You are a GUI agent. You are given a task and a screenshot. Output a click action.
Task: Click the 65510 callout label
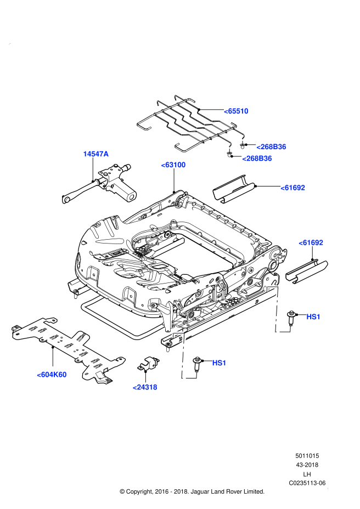click(x=236, y=111)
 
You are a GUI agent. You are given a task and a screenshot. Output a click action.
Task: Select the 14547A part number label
click(x=96, y=154)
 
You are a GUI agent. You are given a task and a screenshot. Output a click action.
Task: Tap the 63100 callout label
click(x=173, y=165)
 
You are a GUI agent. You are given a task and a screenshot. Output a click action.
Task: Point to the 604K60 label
click(x=52, y=375)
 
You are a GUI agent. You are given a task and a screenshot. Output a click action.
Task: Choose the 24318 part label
click(x=145, y=387)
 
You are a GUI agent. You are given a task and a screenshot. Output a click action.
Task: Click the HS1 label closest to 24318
click(x=219, y=363)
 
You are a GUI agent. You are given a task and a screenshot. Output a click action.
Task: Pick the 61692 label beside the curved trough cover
click(x=292, y=188)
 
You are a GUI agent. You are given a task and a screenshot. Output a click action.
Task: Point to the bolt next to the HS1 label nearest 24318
click(x=197, y=363)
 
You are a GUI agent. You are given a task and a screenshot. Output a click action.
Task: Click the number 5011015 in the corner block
click(x=307, y=456)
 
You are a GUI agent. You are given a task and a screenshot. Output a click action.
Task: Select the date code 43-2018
click(x=307, y=465)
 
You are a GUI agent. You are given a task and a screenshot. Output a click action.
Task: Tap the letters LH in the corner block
click(x=307, y=474)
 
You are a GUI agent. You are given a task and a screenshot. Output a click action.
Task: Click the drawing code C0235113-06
click(x=307, y=483)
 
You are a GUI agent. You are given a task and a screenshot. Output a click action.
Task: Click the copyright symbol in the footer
click(x=122, y=491)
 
